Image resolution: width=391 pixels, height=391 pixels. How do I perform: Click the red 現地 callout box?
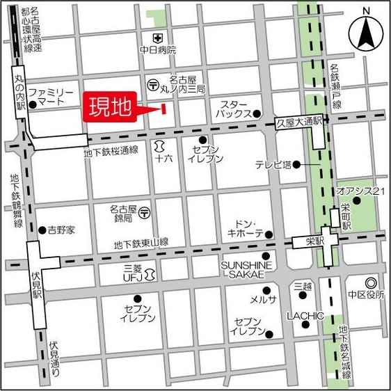111,109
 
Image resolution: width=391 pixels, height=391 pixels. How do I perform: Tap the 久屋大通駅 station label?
299,120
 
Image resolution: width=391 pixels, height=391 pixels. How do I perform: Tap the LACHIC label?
305,316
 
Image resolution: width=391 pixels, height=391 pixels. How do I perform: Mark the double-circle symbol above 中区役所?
370,284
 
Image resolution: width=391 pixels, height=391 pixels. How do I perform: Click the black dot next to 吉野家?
42,230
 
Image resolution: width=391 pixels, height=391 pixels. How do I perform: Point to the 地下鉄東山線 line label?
142,244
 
